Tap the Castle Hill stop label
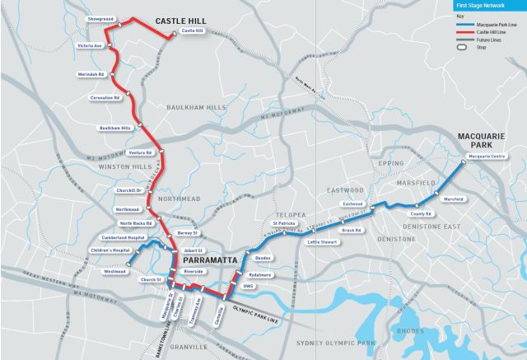click(192, 31)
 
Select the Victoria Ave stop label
click(88, 44)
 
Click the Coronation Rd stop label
click(105, 97)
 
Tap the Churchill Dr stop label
click(130, 190)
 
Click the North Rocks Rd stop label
click(135, 223)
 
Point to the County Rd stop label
click(423, 214)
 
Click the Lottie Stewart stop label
click(323, 242)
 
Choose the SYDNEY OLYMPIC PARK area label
click(334, 342)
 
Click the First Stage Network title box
click(488, 5)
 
